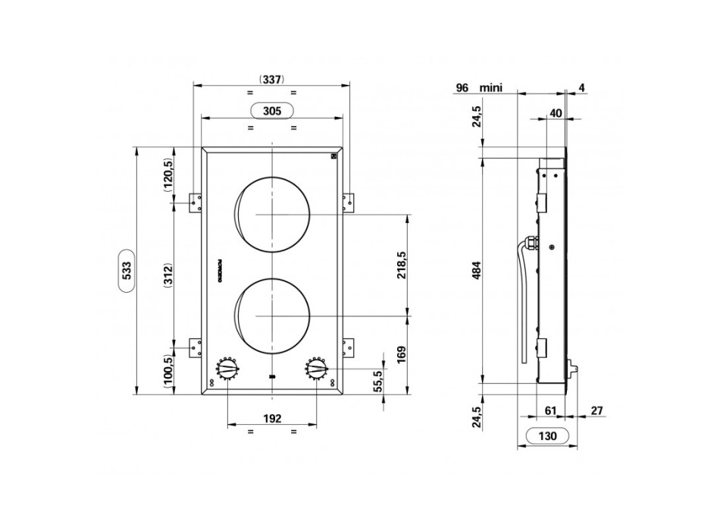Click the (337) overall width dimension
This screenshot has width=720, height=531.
pyautogui.click(x=271, y=79)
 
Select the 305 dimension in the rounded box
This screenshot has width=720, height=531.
pyautogui.click(x=272, y=111)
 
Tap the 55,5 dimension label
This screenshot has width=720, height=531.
pyautogui.click(x=379, y=382)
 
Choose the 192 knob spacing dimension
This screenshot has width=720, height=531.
pyautogui.click(x=272, y=418)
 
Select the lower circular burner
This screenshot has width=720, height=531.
pyautogui.click(x=273, y=315)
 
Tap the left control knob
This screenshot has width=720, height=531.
pyautogui.click(x=228, y=370)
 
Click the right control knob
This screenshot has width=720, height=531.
pyautogui.click(x=317, y=370)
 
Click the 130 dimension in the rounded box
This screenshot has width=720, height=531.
pyautogui.click(x=548, y=436)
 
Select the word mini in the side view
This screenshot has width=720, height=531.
pyautogui.click(x=491, y=88)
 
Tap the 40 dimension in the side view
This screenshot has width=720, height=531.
pyautogui.click(x=556, y=112)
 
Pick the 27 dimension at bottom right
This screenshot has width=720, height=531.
pyautogui.click(x=596, y=410)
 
